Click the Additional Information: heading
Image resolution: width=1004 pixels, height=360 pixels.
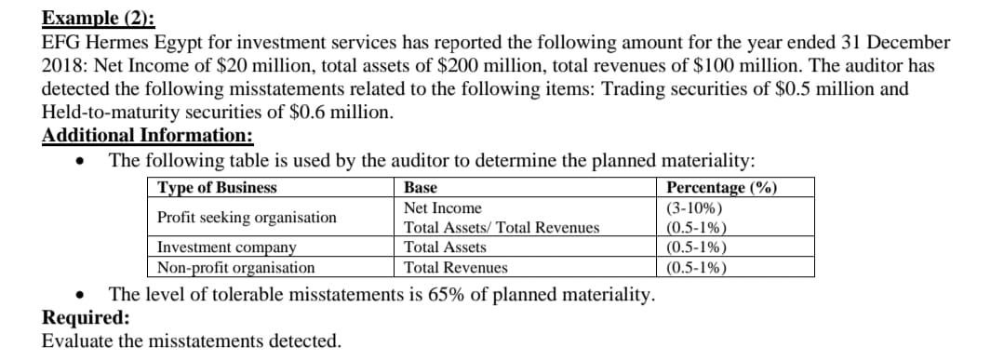(148, 135)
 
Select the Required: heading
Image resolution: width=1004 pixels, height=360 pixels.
(87, 317)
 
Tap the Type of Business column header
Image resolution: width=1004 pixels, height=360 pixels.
(217, 188)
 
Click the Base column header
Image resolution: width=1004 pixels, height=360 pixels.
(421, 188)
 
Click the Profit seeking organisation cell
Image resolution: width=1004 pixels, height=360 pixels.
(247, 217)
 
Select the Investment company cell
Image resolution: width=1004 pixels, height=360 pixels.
(227, 247)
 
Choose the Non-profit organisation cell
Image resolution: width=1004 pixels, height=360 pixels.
(235, 268)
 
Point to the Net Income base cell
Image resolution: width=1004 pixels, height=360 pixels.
(443, 208)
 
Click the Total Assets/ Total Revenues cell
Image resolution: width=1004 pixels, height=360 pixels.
(502, 228)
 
